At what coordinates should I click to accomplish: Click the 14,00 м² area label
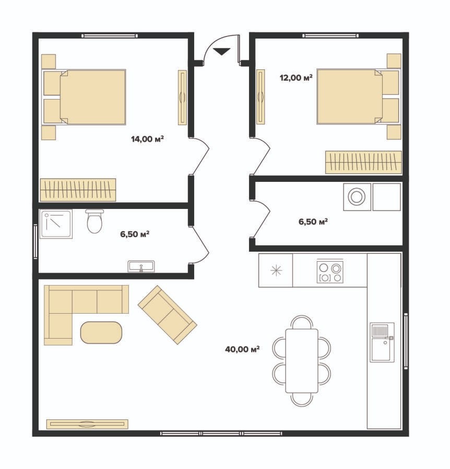147,139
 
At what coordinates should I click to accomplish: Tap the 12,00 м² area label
296,78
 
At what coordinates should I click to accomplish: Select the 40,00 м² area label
242,349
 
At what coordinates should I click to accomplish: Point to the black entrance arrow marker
221,52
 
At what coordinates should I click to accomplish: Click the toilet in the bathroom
94,221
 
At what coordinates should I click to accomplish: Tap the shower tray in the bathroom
56,224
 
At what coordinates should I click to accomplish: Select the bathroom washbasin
141,266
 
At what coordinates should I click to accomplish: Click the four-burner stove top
330,271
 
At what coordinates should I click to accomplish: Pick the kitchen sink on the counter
382,342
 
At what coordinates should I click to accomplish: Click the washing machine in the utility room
357,197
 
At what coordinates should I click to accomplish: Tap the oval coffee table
101,332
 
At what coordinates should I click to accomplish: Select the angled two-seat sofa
167,315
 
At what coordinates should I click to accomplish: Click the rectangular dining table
301,361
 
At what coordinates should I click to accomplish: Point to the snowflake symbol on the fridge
276,270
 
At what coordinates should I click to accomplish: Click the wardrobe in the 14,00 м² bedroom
78,190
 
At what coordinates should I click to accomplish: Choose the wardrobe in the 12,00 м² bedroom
363,162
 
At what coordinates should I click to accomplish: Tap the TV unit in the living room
87,424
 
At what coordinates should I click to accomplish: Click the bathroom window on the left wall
35,241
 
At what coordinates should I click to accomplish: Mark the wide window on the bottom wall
221,434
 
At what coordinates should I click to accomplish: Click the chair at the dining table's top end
302,322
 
